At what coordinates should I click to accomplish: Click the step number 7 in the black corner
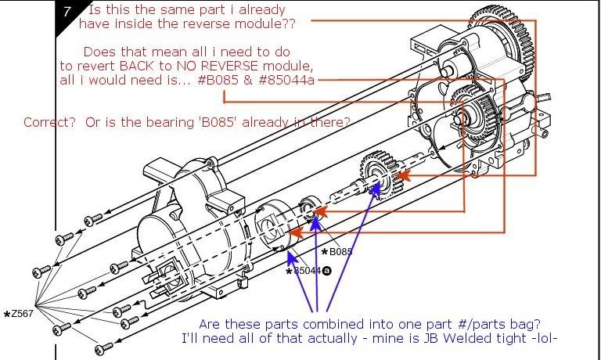pyautogui.click(x=67, y=13)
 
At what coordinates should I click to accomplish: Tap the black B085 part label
pyautogui.click(x=339, y=252)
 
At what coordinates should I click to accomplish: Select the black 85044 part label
pyautogui.click(x=308, y=271)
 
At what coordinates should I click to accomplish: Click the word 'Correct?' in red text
pyautogui.click(x=46, y=122)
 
